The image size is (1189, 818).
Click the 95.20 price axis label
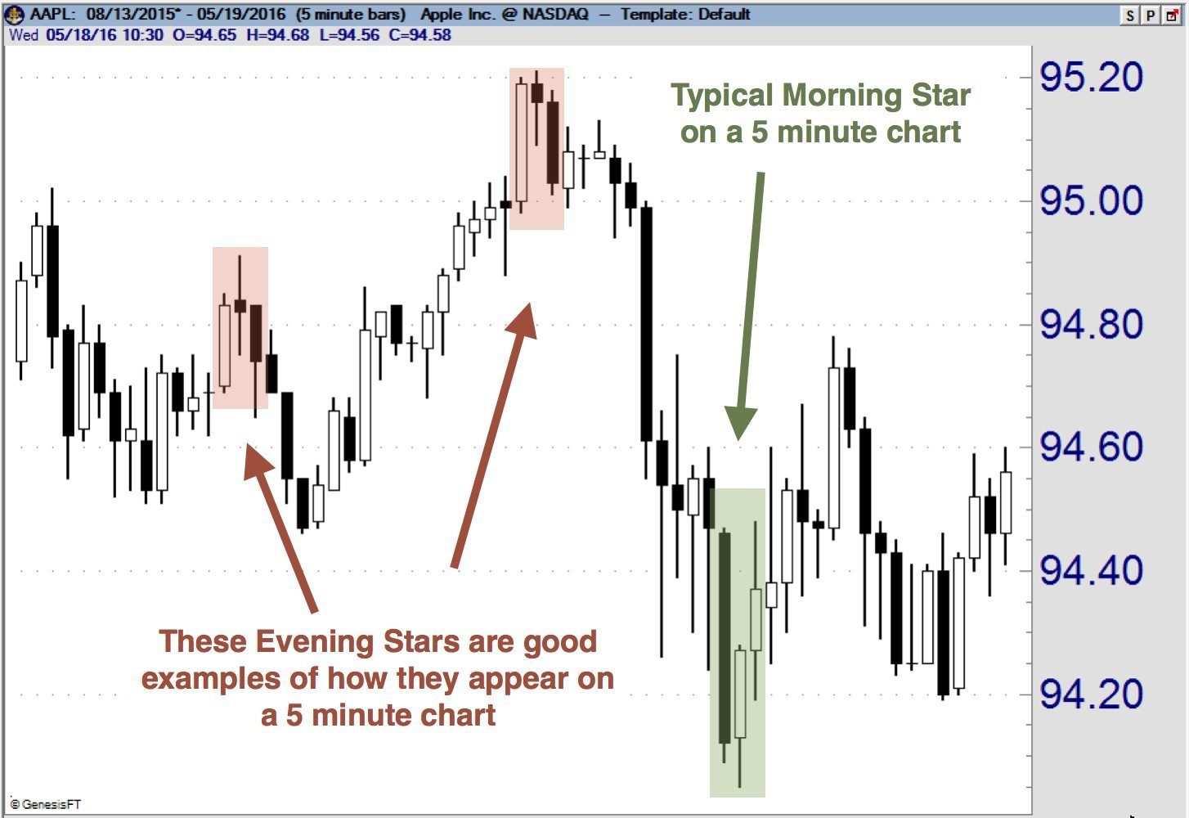[x=1091, y=78]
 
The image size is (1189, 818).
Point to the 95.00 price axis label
[x=1091, y=201]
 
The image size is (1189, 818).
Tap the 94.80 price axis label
[x=1091, y=324]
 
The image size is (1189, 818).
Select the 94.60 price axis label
[x=1091, y=447]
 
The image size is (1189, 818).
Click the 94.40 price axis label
[x=1091, y=571]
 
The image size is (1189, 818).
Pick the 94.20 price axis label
[x=1091, y=694]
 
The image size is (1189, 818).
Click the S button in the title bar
[x=1130, y=16]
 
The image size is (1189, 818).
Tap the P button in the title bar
[x=1151, y=16]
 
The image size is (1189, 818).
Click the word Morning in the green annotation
[x=841, y=96]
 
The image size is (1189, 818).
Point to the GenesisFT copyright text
[x=46, y=805]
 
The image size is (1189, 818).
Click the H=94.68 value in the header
[x=277, y=35]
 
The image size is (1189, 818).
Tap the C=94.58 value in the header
[x=420, y=35]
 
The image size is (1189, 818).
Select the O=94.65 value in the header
[x=204, y=35]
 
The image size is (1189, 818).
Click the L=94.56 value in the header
[x=349, y=35]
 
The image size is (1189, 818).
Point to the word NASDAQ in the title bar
[x=555, y=15]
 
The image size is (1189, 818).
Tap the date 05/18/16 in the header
[x=81, y=35]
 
